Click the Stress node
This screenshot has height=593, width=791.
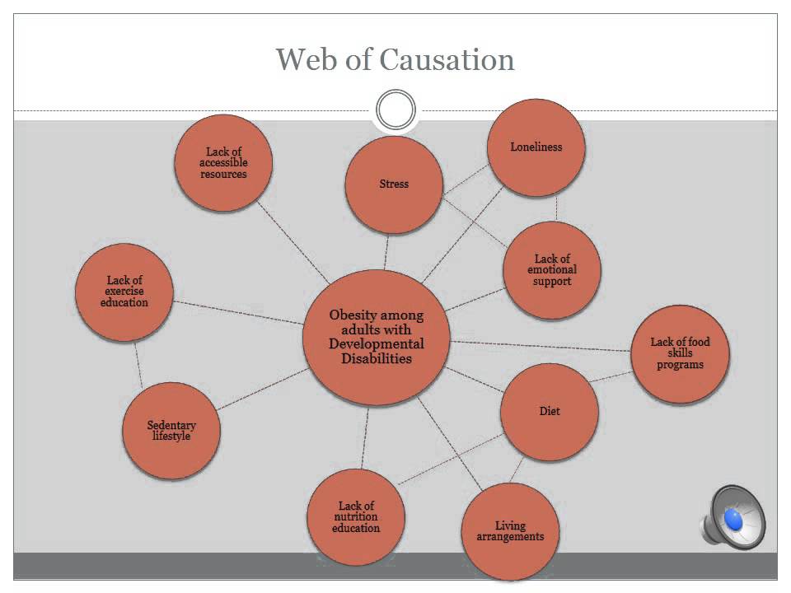coord(394,184)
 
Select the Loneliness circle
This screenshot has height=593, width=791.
coord(536,148)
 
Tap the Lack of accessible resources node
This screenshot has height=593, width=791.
coord(223,163)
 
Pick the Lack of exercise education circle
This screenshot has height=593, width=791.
coord(124,292)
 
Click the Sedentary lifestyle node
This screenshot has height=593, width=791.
coord(171,431)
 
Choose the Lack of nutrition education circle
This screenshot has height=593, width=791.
coord(356,517)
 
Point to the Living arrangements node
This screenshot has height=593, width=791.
coord(510,531)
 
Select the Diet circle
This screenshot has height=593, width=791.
coord(550,411)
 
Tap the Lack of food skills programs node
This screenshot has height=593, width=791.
coord(680,354)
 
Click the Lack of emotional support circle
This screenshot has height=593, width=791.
coord(552,270)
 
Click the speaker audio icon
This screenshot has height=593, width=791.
coord(733,517)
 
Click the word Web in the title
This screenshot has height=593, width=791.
coord(304,59)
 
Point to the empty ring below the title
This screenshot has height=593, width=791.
coord(395,110)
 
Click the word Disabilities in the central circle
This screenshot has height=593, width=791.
coord(377,358)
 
